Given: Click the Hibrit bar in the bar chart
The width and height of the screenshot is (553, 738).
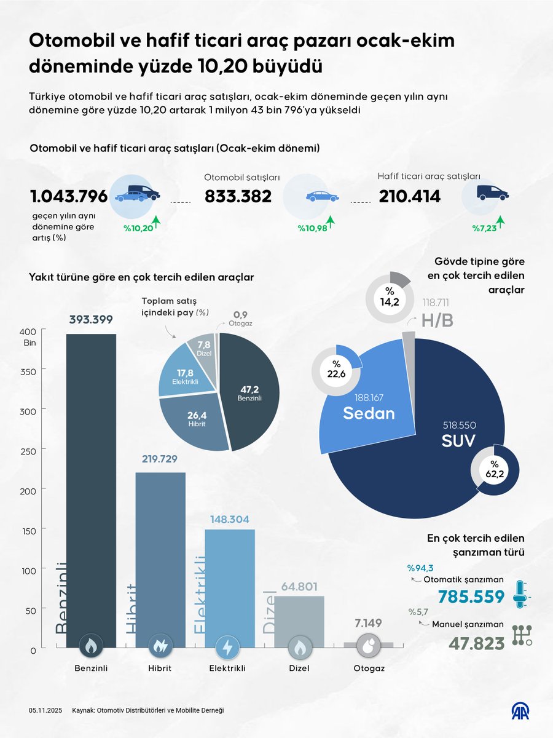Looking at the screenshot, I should pyautogui.click(x=160, y=553).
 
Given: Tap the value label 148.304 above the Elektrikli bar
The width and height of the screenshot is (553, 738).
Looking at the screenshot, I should pyautogui.click(x=230, y=520).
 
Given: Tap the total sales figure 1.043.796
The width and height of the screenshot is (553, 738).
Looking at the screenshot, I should pyautogui.click(x=69, y=196).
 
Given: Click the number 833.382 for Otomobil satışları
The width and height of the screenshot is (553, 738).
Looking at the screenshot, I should pyautogui.click(x=238, y=196).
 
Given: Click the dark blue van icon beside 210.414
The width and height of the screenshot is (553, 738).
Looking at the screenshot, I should pyautogui.click(x=492, y=193).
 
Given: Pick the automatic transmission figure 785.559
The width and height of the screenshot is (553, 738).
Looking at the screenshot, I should pyautogui.click(x=471, y=596).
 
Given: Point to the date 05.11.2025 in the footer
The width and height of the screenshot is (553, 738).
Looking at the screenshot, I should pyautogui.click(x=44, y=710).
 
